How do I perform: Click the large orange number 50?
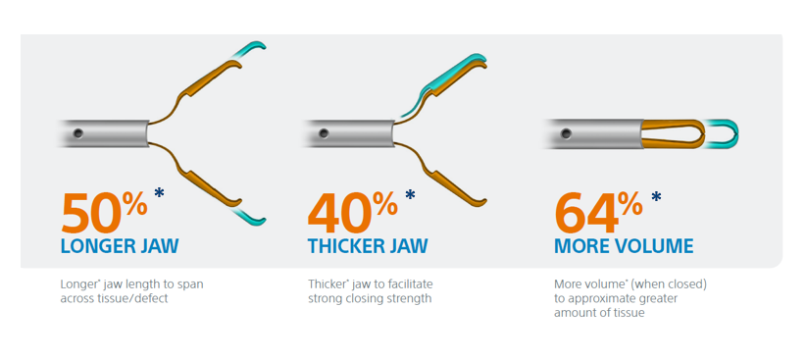92,212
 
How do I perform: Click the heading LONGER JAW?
120,246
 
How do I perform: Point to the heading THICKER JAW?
368,246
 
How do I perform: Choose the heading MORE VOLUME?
624,246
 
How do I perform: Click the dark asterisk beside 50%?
160,194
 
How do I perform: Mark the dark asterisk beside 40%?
410,195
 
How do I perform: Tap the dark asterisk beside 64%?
656,196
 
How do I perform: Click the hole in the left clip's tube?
78,133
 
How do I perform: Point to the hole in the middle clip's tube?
324,133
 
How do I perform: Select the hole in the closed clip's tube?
566,133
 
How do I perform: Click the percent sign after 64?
630,205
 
